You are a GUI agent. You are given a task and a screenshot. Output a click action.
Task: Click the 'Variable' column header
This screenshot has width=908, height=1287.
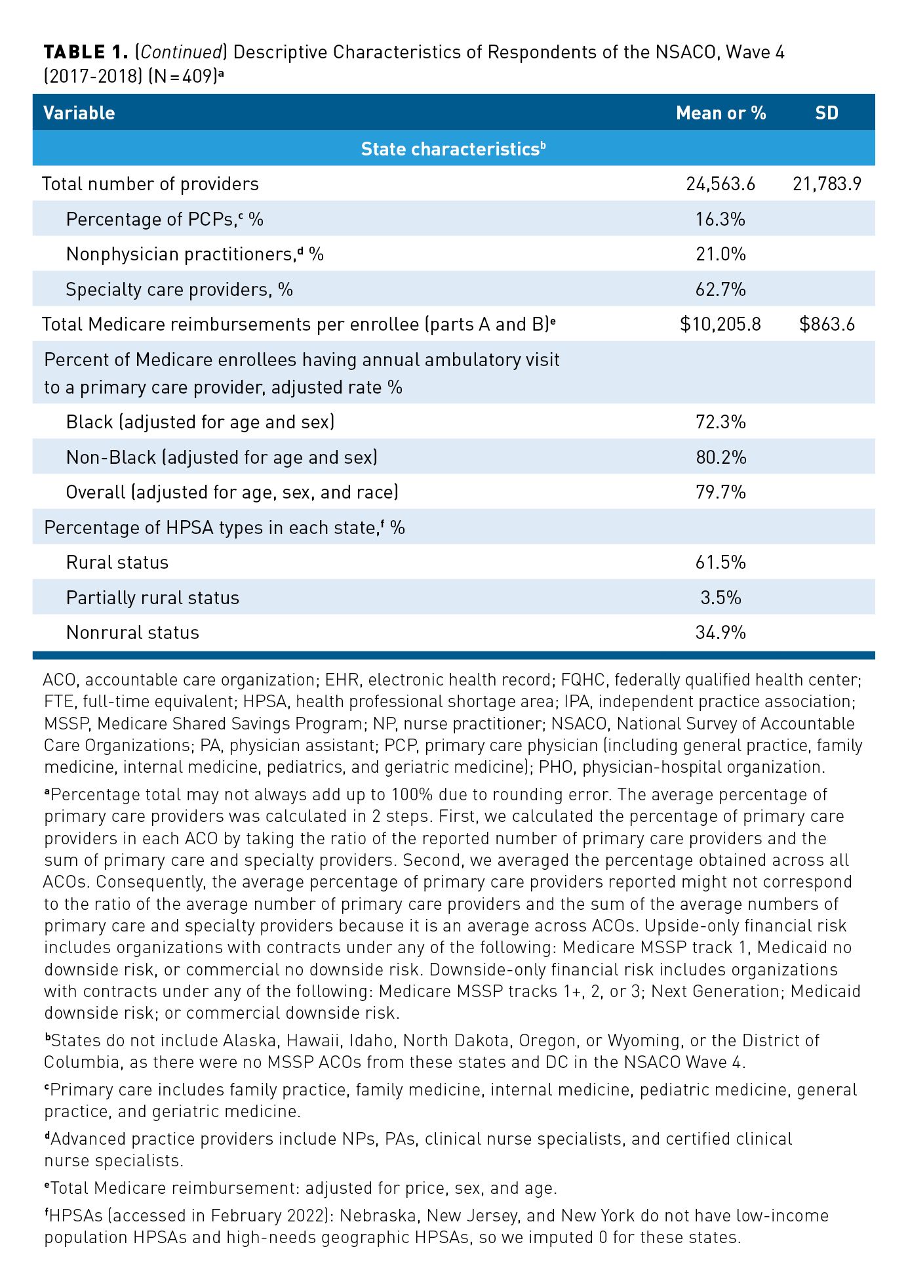coord(79,113)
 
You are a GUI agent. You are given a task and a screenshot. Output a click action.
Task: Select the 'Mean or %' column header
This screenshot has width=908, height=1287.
coord(720,113)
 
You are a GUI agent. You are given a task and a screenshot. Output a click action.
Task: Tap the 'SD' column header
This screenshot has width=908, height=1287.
coord(827,113)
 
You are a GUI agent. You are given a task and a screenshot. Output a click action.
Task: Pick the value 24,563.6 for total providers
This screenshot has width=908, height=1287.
coord(720,184)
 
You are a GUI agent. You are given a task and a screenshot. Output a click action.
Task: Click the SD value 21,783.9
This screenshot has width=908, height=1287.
coord(827,184)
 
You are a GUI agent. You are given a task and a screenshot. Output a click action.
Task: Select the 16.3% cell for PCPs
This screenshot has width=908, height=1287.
coord(720,219)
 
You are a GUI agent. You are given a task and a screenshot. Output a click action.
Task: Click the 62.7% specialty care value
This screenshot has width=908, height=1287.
coord(720,289)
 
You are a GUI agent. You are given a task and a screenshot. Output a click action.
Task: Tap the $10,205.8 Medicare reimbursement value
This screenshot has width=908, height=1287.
coord(720,324)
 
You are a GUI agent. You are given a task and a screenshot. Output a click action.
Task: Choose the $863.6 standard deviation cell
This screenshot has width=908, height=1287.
coord(827,324)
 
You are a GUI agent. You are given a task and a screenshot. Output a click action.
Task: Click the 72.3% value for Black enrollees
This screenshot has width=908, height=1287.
coord(720,422)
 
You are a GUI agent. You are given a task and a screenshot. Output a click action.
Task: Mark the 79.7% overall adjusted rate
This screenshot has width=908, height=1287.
coord(720,492)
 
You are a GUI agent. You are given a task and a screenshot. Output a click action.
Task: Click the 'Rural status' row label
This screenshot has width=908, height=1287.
coord(117,562)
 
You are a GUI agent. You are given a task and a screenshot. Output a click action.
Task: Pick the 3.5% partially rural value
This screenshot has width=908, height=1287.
coord(720,598)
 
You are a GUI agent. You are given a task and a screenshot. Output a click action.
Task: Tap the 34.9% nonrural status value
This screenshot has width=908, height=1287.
coord(720,632)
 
